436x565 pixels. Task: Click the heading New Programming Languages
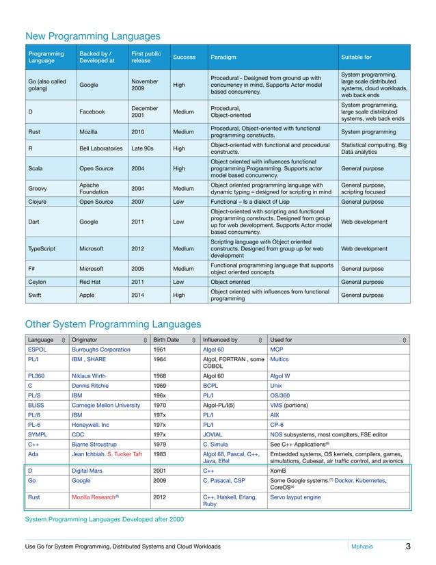[x=92, y=36]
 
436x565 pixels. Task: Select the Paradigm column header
[x=224, y=57]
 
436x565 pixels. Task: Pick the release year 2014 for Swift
[x=139, y=295]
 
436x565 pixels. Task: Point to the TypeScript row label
[x=45, y=249]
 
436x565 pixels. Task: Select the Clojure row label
[x=38, y=202]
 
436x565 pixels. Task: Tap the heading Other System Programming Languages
[x=113, y=324]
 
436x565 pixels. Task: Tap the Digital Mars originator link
[x=91, y=471]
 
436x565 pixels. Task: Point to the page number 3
[x=407, y=546]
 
